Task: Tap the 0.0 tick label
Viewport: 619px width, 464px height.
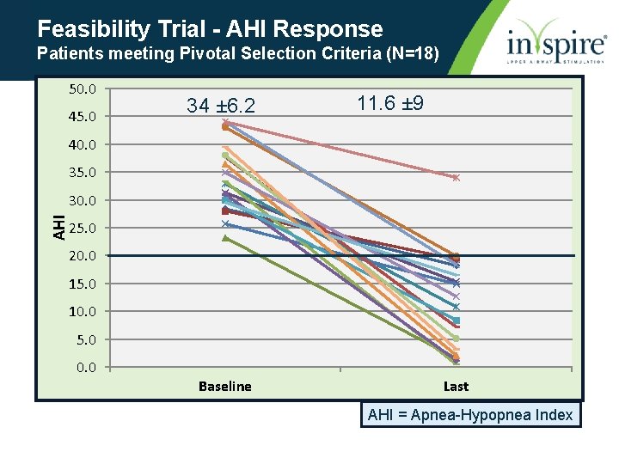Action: click(86, 368)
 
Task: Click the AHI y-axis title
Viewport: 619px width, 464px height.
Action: click(58, 227)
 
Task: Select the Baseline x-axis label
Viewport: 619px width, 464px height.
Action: click(225, 387)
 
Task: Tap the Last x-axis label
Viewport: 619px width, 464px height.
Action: click(456, 387)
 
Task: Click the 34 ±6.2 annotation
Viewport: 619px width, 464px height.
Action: click(221, 106)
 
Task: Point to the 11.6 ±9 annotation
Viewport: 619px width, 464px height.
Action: click(389, 104)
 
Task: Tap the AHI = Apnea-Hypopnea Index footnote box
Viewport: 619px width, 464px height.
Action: click(469, 415)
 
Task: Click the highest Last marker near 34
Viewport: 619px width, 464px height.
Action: click(457, 178)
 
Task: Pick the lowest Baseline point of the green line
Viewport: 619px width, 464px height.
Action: click(225, 237)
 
